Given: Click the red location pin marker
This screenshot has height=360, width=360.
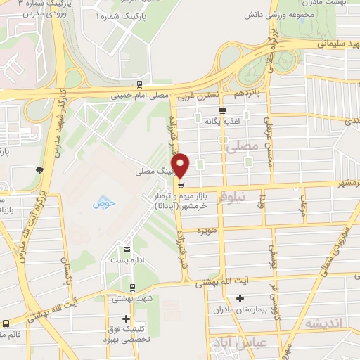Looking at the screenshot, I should (181, 165).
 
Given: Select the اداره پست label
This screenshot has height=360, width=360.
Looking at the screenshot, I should (127, 260).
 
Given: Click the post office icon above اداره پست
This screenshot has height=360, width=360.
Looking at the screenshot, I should (127, 249).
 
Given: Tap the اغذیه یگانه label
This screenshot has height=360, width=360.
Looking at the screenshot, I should (222, 121).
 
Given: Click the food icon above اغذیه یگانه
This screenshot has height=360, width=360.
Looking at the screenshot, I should (222, 110).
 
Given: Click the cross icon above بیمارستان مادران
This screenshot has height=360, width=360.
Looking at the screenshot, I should (239, 299).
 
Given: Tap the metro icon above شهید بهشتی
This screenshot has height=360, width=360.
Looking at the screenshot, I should (133, 287).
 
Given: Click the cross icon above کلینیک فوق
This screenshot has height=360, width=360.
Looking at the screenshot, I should (127, 319).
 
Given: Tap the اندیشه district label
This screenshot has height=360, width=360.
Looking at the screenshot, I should (322, 322).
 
